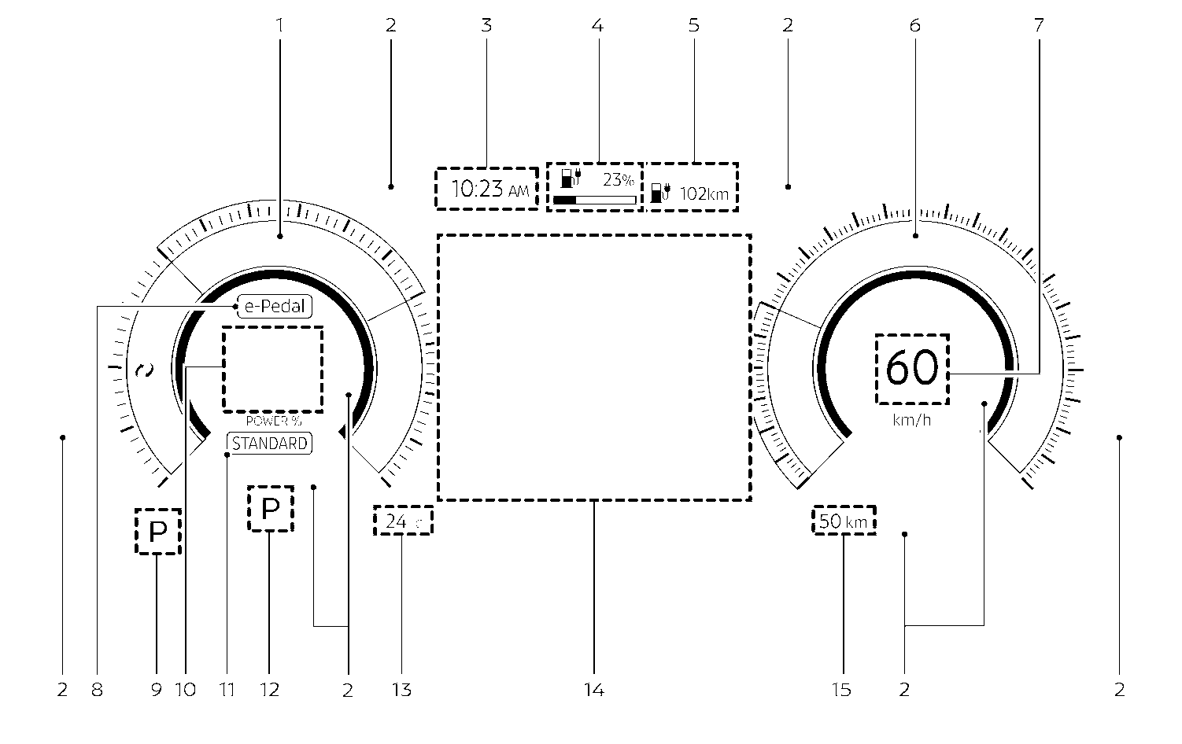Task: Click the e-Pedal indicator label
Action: (274, 307)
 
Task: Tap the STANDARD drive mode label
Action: (270, 444)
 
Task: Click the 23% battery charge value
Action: (618, 179)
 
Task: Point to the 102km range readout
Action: (704, 193)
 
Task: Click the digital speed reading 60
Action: (912, 369)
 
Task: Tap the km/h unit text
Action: (912, 420)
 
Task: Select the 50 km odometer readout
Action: (844, 521)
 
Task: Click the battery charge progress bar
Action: (594, 201)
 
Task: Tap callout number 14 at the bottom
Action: (594, 691)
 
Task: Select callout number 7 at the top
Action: (1038, 25)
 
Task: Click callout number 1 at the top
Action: (279, 25)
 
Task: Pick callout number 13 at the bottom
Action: (401, 691)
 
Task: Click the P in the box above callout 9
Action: (158, 532)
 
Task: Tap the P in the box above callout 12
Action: (270, 509)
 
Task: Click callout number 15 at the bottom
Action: (841, 691)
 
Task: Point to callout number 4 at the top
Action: (597, 25)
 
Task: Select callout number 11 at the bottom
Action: (227, 691)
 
